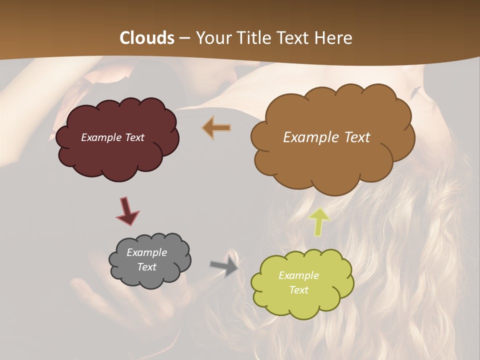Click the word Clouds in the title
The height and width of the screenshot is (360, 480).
147,38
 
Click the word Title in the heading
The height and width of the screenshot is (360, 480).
250,38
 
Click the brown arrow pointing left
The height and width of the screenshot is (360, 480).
216,127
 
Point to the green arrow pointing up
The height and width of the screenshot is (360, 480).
320,221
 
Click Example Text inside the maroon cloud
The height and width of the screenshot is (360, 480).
112,137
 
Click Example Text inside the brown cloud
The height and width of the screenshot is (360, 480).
326,137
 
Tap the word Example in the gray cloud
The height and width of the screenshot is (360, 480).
146,252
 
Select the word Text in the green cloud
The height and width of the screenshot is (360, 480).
298,290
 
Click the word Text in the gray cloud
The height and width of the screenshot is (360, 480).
146,267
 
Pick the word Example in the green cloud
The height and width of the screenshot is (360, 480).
298,275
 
